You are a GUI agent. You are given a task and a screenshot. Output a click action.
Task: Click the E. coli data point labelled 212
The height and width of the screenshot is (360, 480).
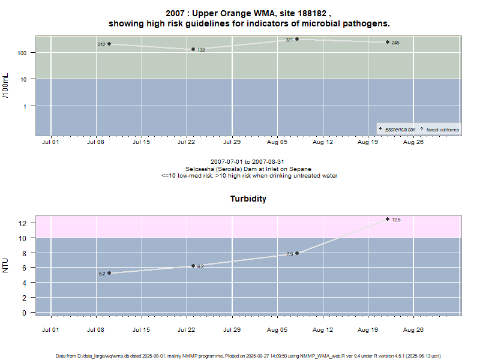click(x=109, y=44)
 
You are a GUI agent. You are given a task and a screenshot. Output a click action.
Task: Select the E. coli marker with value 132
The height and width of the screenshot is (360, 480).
click(x=193, y=49)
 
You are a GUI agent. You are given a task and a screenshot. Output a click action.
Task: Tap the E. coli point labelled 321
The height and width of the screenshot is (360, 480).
click(x=297, y=39)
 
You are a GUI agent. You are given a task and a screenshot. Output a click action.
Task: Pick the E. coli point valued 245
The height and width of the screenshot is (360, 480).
click(x=388, y=42)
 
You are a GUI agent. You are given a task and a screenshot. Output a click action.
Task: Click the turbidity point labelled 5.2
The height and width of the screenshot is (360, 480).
click(x=109, y=273)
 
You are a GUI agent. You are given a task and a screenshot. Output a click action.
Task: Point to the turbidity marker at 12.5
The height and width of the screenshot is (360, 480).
click(x=388, y=219)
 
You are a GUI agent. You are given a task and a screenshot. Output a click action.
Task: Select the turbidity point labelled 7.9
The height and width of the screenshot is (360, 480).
click(x=297, y=253)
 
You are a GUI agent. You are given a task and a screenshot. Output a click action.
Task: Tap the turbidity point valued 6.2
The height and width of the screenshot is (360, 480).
click(x=193, y=266)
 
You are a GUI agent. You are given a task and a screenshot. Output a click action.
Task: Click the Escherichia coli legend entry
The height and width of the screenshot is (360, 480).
click(x=400, y=129)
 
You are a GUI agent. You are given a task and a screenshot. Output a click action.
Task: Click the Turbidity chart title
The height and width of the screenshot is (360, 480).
click(x=248, y=199)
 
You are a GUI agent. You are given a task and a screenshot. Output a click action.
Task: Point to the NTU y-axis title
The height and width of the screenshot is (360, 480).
click(x=6, y=265)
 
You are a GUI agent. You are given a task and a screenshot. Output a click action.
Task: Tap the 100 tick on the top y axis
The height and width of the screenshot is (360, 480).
click(x=24, y=53)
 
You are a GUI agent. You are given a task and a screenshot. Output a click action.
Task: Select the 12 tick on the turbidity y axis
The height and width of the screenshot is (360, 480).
click(x=24, y=223)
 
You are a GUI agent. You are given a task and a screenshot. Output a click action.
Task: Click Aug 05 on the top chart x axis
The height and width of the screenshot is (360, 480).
click(x=277, y=142)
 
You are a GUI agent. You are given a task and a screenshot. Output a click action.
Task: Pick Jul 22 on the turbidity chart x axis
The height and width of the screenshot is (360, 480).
click(x=187, y=329)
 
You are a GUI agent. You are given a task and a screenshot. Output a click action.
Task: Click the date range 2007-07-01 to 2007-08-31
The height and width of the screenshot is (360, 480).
click(x=248, y=162)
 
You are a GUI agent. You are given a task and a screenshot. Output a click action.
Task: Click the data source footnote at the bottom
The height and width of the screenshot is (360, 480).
click(x=248, y=355)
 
